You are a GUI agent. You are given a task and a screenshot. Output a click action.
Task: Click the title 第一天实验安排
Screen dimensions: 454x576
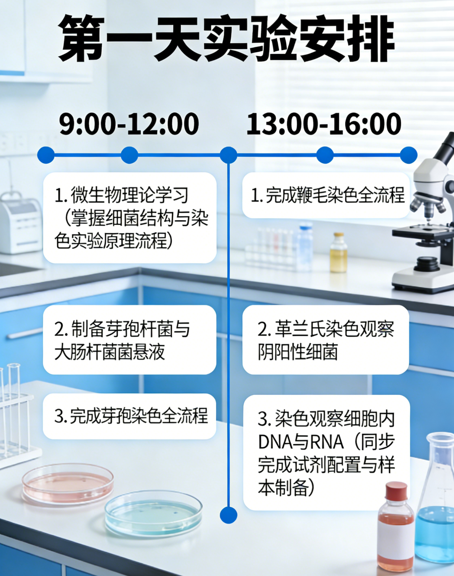(x=227, y=38)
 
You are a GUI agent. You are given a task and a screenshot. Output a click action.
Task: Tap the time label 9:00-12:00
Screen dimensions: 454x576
(x=129, y=124)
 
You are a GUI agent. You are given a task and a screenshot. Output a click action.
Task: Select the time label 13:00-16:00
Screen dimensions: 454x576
(x=324, y=124)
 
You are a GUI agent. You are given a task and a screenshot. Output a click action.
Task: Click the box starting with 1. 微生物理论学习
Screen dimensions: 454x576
(x=129, y=218)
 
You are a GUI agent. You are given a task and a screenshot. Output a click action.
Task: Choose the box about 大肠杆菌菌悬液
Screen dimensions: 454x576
(x=129, y=340)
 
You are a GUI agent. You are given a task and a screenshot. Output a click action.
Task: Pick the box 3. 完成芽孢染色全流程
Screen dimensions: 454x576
(x=129, y=416)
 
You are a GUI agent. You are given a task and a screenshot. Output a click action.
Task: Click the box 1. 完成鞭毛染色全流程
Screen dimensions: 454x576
(x=326, y=195)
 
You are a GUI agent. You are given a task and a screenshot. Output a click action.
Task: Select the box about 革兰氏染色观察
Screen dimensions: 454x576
(x=326, y=340)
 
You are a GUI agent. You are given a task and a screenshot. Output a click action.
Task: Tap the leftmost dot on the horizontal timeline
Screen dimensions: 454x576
(x=46, y=155)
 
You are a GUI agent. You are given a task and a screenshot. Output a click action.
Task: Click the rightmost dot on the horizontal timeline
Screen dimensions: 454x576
(x=409, y=155)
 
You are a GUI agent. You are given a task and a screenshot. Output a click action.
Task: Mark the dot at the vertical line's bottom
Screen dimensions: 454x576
(x=229, y=515)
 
